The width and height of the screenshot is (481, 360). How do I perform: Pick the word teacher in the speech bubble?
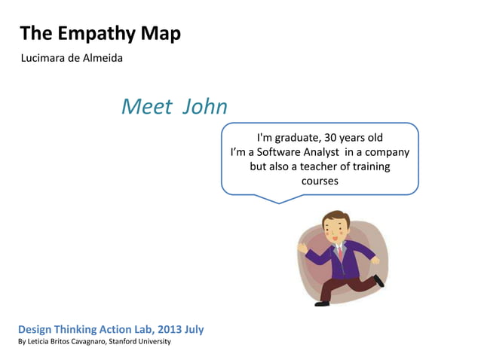coord(314,166)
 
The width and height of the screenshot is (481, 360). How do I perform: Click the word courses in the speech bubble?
coord(320,181)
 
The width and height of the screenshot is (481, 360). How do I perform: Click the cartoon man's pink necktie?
coord(341,252)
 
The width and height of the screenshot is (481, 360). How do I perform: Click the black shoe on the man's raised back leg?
coord(378,281)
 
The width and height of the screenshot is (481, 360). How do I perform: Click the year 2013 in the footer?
coord(167,330)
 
